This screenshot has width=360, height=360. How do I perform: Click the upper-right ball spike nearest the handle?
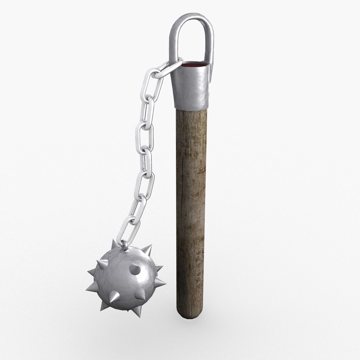click(147, 250)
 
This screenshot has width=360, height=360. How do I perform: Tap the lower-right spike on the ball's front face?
click(140, 293)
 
